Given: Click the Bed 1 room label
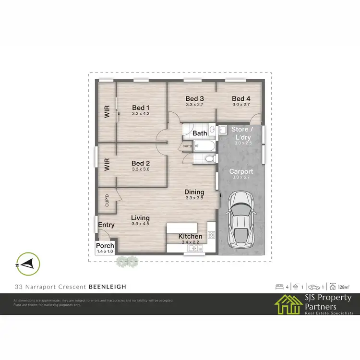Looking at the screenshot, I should pyautogui.click(x=141, y=108).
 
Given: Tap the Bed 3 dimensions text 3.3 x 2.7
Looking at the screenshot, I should pyautogui.click(x=195, y=104).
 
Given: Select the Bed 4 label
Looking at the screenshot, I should pyautogui.click(x=241, y=98).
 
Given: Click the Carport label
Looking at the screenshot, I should pyautogui.click(x=241, y=171).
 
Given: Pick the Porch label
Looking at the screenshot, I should pyautogui.click(x=105, y=246).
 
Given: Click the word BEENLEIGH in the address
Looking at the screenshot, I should pyautogui.click(x=108, y=287).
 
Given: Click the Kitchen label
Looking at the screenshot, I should pyautogui.click(x=191, y=237).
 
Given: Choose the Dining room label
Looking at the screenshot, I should pyautogui.click(x=194, y=192).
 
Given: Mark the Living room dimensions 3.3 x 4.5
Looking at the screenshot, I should pyautogui.click(x=140, y=223).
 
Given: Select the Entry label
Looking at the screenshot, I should pyautogui.click(x=106, y=225).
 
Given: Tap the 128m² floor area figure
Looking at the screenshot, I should pyautogui.click(x=343, y=287).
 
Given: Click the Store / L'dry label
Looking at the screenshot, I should pyautogui.click(x=240, y=133).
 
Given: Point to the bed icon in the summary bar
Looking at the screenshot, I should pyautogui.click(x=279, y=287).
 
